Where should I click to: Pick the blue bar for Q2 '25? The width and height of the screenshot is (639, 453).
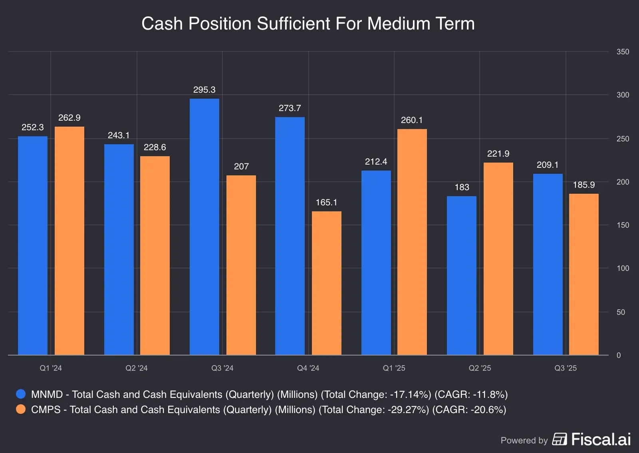(x=461, y=275)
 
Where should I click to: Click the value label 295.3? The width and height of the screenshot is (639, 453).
(x=204, y=90)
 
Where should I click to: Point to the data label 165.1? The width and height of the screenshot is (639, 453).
(x=326, y=203)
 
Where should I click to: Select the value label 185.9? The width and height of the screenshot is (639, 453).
(x=583, y=185)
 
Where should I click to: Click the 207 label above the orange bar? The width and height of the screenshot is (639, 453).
(x=241, y=167)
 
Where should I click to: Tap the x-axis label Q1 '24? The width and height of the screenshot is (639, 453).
(x=51, y=368)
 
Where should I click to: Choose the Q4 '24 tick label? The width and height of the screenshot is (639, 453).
(x=308, y=368)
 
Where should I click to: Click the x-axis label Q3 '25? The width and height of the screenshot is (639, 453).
(x=566, y=368)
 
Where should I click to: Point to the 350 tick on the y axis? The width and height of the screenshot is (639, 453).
(x=623, y=52)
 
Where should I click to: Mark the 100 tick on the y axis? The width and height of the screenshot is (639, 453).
(x=623, y=268)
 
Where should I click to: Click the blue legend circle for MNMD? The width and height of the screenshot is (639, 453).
(x=21, y=394)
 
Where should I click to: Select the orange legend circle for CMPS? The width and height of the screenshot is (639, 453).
(x=21, y=409)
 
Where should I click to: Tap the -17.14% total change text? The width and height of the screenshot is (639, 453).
(x=409, y=395)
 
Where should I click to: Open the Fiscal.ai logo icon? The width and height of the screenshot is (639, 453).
(x=559, y=439)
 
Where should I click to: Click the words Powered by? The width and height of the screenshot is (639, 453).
(x=524, y=441)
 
